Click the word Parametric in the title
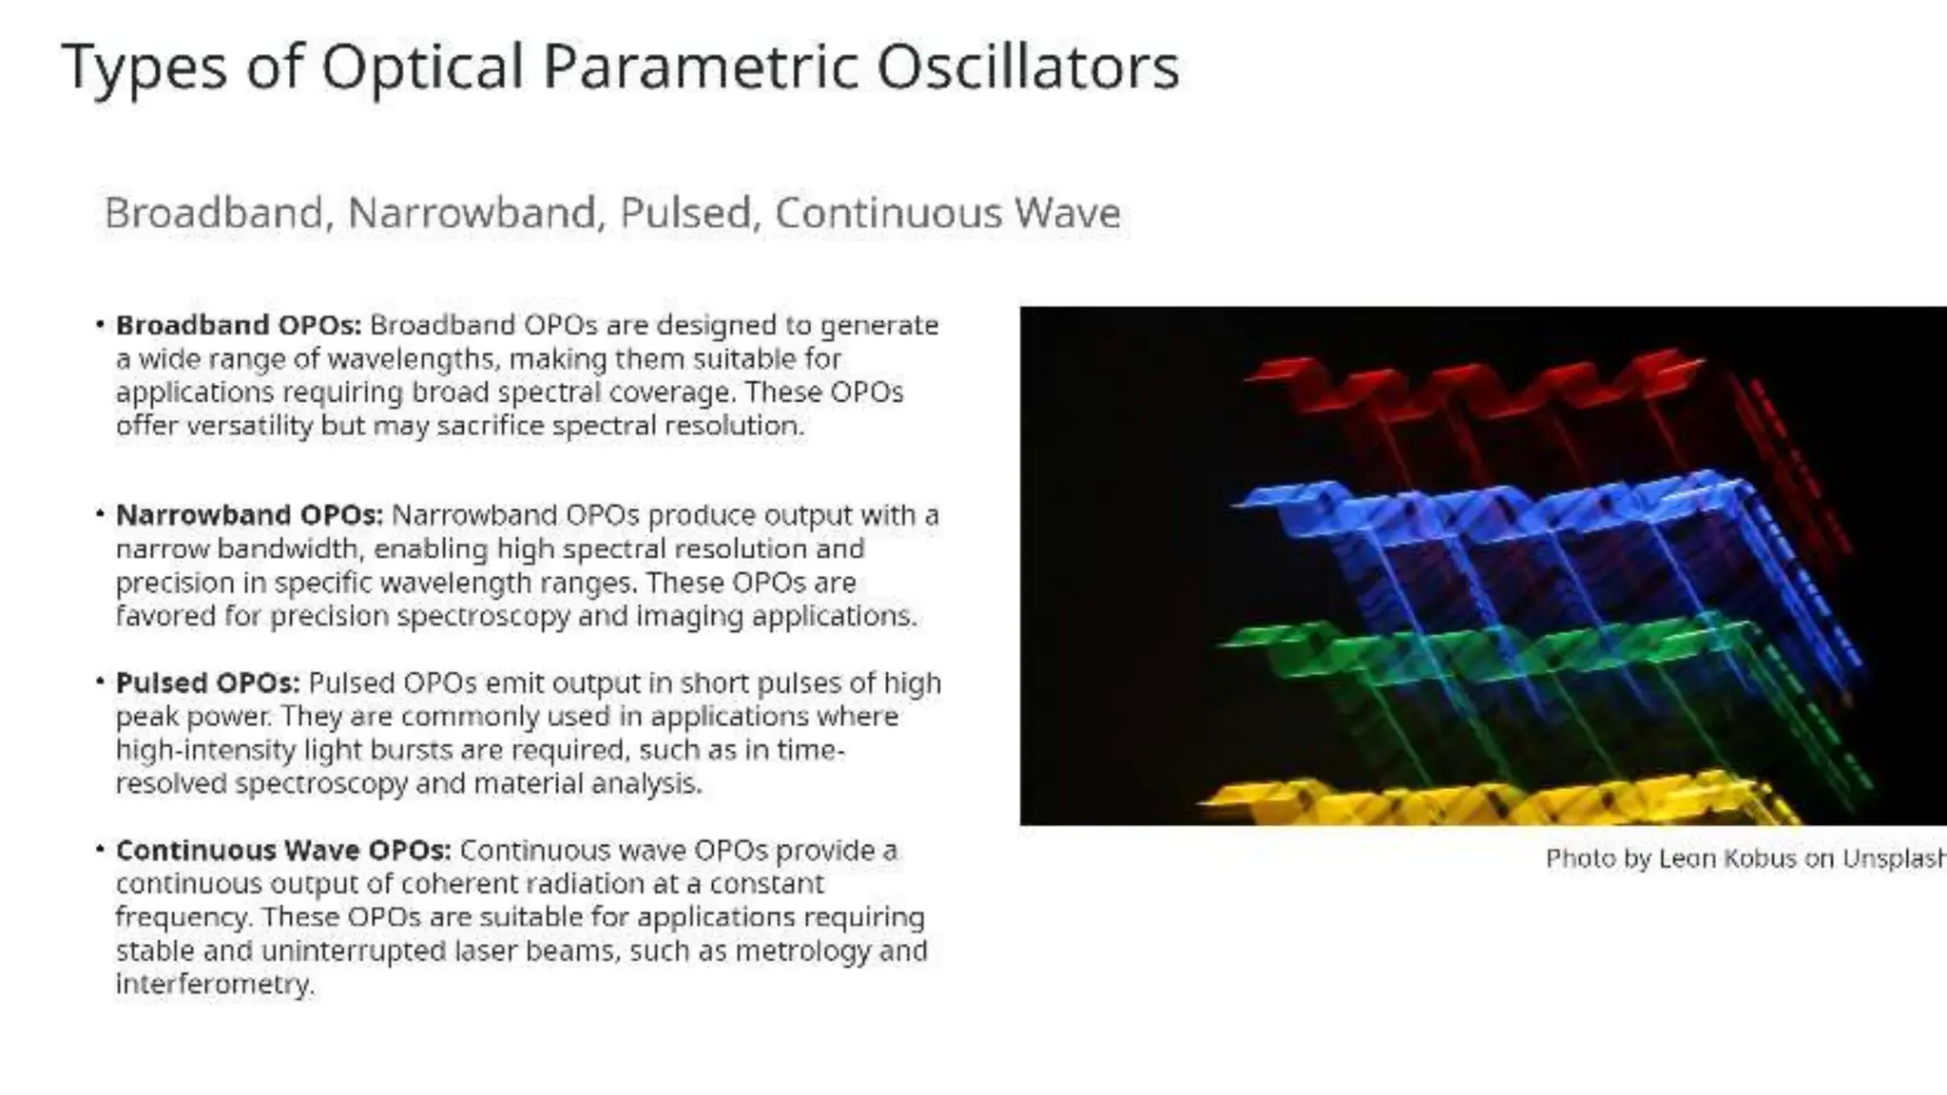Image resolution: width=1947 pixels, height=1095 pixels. point(700,67)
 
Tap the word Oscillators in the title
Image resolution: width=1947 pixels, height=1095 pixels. point(1028,67)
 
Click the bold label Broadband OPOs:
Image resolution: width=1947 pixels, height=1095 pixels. point(239,325)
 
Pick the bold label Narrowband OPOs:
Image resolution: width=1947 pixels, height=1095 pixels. point(249,515)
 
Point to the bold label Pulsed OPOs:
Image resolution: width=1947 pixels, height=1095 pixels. point(207,683)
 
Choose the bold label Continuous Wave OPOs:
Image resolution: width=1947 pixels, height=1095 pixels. point(283,850)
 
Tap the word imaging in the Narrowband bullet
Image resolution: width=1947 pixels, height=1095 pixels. point(690,616)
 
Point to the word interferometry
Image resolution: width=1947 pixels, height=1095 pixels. point(214,984)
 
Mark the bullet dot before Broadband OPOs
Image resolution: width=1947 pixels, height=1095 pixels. point(100,325)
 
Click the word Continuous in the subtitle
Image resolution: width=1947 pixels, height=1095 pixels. point(888,212)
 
